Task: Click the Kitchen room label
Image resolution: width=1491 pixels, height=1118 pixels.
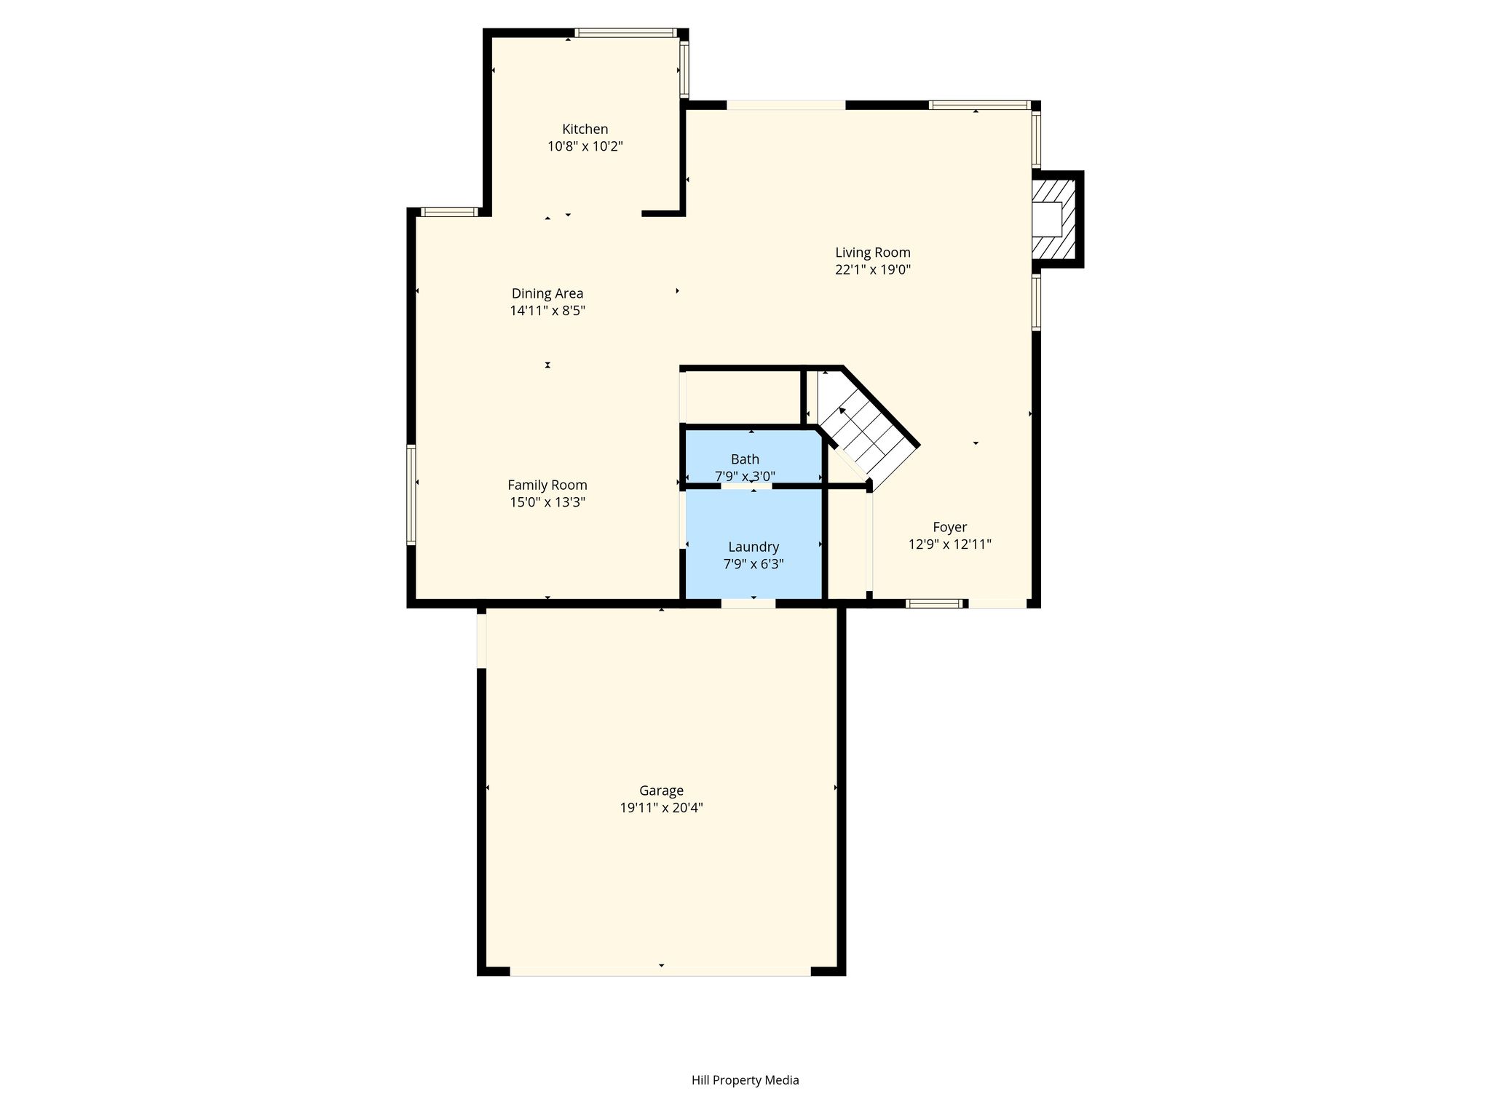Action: [585, 130]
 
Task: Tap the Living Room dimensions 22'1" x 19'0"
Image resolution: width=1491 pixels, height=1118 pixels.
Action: [873, 269]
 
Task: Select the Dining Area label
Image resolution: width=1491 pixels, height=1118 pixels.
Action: [547, 294]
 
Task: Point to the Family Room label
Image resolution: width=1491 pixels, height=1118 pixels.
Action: [547, 485]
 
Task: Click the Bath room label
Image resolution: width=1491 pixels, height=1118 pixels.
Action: [745, 459]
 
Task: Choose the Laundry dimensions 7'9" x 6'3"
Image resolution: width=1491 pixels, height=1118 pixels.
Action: [754, 564]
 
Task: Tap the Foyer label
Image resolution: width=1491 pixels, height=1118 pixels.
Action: [950, 527]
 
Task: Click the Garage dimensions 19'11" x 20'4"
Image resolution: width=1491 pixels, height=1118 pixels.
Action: [661, 808]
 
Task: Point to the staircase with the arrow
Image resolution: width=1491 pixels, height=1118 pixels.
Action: [866, 429]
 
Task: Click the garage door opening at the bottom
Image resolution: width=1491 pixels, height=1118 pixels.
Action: [660, 972]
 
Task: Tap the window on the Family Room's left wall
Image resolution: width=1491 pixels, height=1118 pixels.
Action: [411, 494]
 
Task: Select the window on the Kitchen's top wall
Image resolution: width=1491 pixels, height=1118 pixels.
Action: [626, 33]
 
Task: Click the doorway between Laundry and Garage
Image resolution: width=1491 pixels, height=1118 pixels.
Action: [748, 603]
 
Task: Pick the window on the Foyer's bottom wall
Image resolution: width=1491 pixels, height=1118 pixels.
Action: [935, 603]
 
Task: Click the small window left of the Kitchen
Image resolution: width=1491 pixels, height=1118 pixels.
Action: [450, 213]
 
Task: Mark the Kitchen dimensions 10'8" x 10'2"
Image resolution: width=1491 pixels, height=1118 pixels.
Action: [585, 146]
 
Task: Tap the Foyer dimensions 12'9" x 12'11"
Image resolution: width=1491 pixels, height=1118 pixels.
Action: [950, 544]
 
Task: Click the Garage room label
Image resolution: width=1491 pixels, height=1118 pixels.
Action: [661, 790]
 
